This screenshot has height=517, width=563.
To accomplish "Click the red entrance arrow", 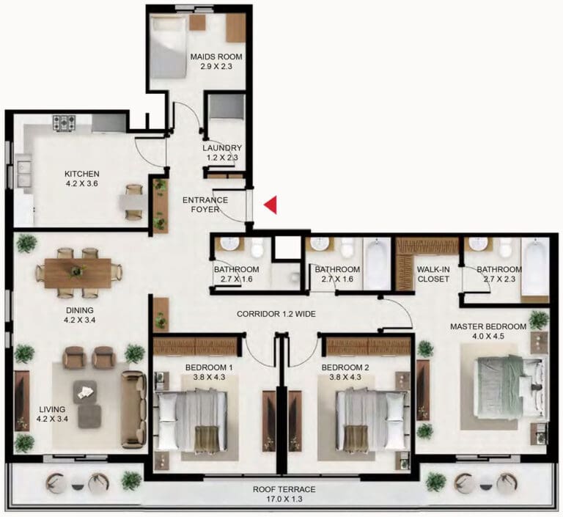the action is coord(271,205).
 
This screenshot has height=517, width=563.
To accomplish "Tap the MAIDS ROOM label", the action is coord(216,56).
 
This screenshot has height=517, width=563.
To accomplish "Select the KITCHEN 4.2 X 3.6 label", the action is coord(82,178).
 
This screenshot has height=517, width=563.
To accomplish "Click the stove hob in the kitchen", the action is coord(65,122).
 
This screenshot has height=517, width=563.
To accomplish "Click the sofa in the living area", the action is coord(133,409).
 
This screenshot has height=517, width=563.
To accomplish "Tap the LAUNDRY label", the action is coord(222,147).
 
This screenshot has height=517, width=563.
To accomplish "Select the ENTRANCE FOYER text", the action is coord(205,205).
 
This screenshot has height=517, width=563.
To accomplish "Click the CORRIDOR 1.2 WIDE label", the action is coord(276,314).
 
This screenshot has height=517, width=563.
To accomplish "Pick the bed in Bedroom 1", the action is coord(191,420).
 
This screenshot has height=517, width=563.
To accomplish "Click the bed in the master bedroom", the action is coord(511,386).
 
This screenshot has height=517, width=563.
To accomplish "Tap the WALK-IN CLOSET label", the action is coord(433,274).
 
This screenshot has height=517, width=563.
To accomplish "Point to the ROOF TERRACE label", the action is coord(284,489).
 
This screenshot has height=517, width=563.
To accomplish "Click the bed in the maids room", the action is coord(169,47).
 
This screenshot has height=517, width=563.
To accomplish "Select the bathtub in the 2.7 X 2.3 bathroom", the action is coord(534,267).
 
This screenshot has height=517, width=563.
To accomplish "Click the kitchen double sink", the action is coord(23,174).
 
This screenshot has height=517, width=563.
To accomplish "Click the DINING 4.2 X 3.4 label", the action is coord(80,315).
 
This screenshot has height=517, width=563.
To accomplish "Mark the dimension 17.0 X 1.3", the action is coord(284,499).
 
